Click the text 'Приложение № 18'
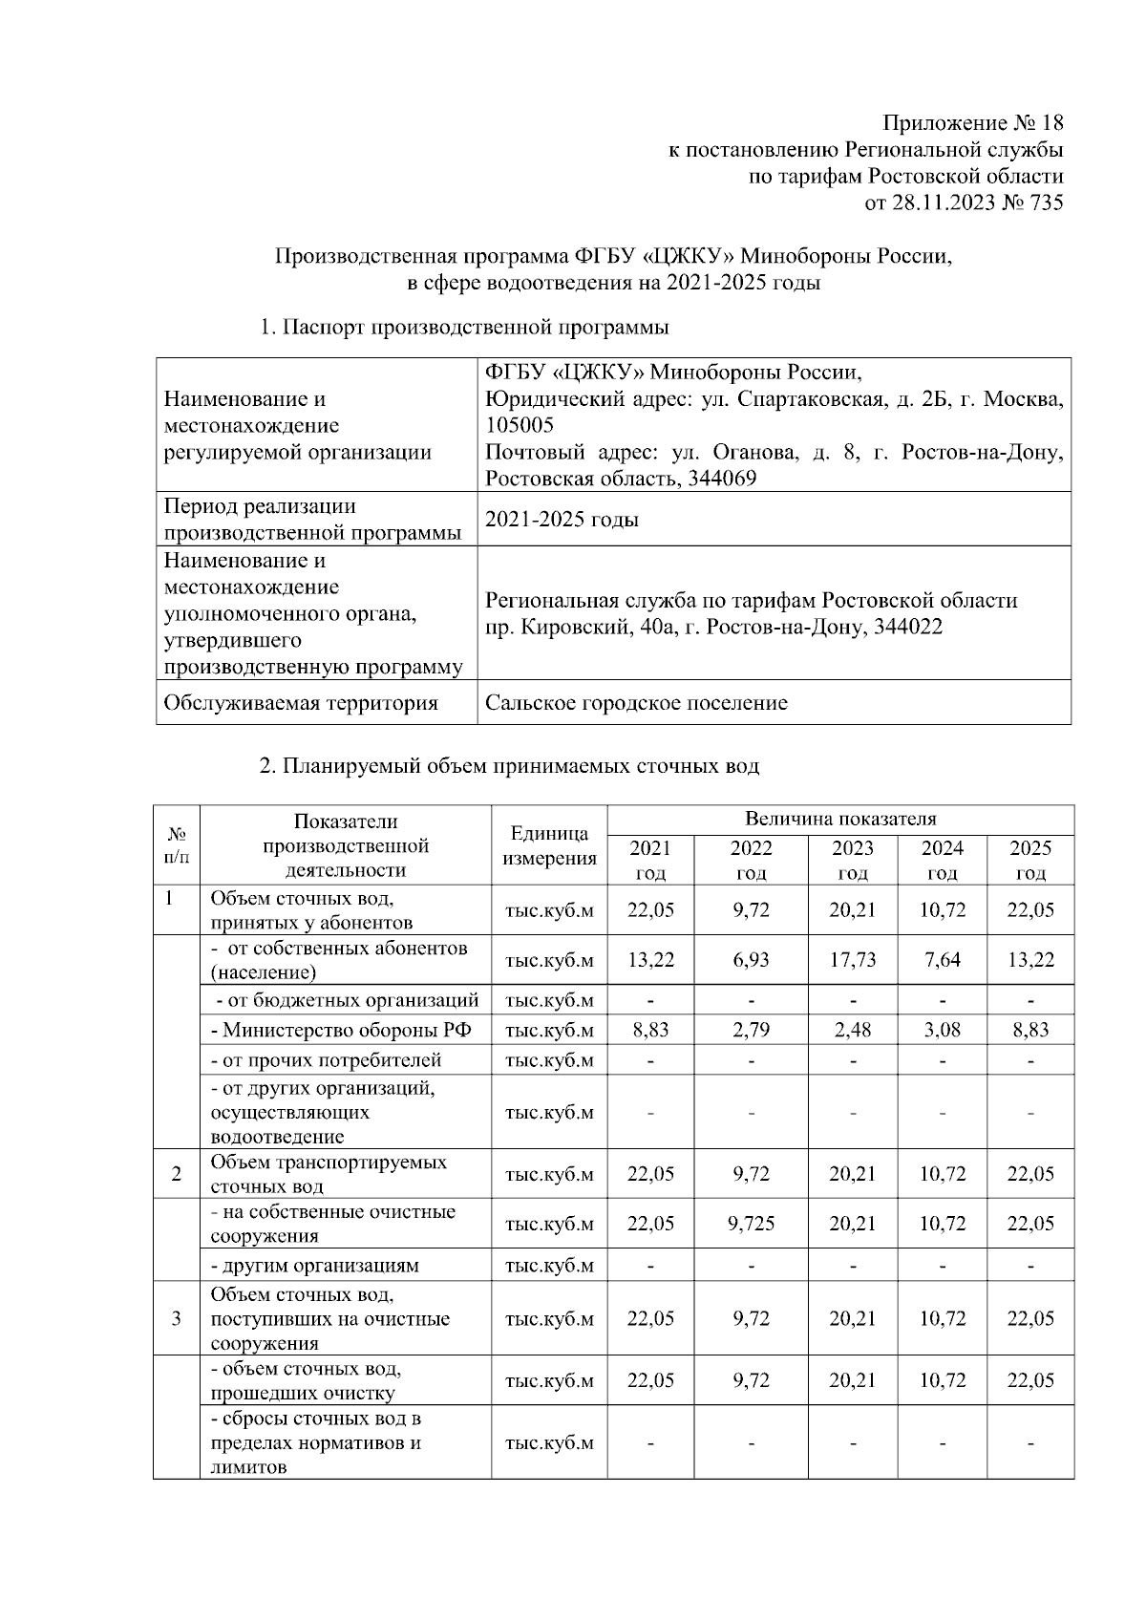coord(971,123)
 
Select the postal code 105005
coord(520,425)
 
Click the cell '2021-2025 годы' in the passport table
coord(562,520)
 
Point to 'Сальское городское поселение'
coord(636,703)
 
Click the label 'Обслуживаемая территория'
coord(301,703)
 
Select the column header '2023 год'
coord(852,860)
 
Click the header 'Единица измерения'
coord(549,845)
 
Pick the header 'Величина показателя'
coord(840,819)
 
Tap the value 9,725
coord(751,1224)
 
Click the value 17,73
coord(852,959)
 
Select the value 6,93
coord(751,959)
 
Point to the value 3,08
coord(942,1030)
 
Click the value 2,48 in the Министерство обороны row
coord(852,1030)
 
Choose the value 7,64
coord(942,959)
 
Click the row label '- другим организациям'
coord(314,1266)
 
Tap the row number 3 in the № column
coord(177,1318)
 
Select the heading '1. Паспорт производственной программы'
coord(464,327)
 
